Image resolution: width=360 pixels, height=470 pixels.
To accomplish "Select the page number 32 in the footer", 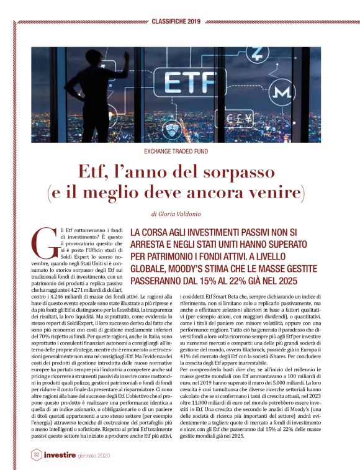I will click(37, 454).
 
